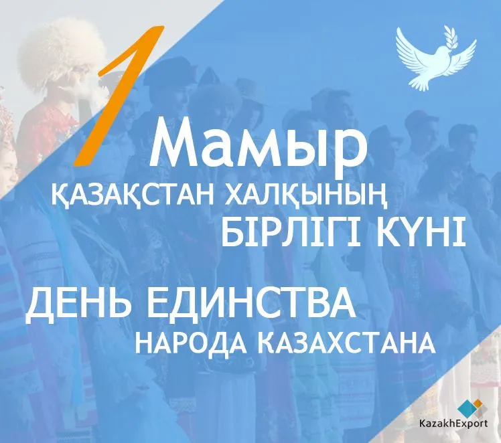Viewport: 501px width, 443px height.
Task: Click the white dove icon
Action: point(436,58)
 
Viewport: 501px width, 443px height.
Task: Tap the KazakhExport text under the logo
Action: point(453,424)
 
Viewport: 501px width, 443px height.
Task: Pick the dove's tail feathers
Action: point(420,83)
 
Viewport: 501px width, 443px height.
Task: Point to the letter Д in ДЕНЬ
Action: point(41,303)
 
